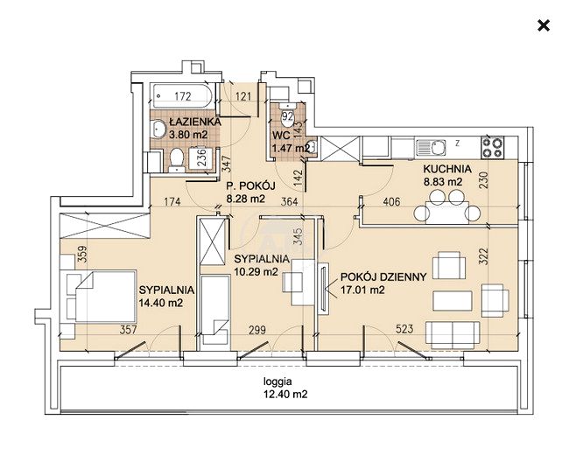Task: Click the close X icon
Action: coord(544,25)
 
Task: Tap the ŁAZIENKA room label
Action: coord(195,122)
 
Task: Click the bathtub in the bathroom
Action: coord(182,95)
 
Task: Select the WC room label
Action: coord(281,136)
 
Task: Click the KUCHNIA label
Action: coord(447,169)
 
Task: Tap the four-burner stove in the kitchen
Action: coord(493,147)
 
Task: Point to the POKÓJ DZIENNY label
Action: coord(383,277)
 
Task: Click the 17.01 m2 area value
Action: coord(363,290)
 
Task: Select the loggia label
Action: coord(277,381)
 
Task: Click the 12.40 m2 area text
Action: coord(285,394)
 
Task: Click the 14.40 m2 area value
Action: coord(161,303)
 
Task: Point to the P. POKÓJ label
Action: coord(250,186)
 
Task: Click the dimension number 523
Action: coord(404,329)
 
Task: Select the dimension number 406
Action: coord(392,201)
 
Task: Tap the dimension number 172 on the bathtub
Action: coord(183,96)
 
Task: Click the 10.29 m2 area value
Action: coord(256,271)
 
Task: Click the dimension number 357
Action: coord(129,329)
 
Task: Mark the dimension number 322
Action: coord(484,256)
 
